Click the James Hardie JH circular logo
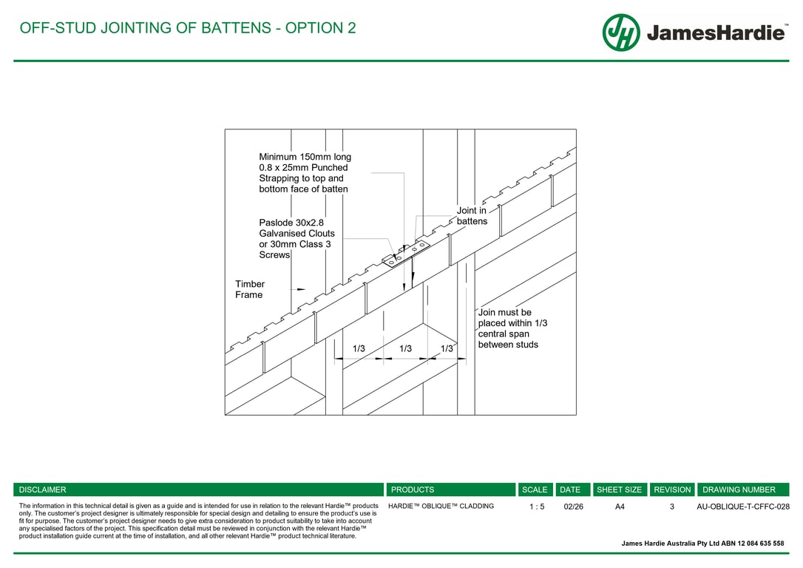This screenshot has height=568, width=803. pyautogui.click(x=620, y=33)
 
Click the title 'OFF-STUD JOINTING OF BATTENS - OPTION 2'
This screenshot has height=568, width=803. pyautogui.click(x=188, y=28)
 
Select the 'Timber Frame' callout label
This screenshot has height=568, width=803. pyautogui.click(x=250, y=289)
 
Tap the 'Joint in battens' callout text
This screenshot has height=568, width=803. pyautogui.click(x=472, y=216)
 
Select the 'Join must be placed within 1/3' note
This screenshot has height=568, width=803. pyautogui.click(x=512, y=328)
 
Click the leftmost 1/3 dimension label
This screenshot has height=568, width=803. pyautogui.click(x=359, y=348)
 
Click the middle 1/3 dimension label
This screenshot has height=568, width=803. pyautogui.click(x=405, y=348)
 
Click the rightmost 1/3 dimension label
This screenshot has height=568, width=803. pyautogui.click(x=447, y=348)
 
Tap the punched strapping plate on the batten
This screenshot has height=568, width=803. pyautogui.click(x=407, y=251)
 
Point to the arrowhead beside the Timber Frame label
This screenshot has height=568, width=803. pyautogui.click(x=300, y=289)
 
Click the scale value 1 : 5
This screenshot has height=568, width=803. pyautogui.click(x=537, y=507)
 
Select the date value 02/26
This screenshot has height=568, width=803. pyautogui.click(x=573, y=507)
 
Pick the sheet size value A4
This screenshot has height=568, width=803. pyautogui.click(x=620, y=507)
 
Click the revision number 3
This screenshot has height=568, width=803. pyautogui.click(x=672, y=507)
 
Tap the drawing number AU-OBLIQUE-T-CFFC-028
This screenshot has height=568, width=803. pyautogui.click(x=743, y=507)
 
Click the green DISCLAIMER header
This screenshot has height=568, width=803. pyautogui.click(x=43, y=490)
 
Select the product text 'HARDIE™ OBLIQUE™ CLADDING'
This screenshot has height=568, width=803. pyautogui.click(x=441, y=507)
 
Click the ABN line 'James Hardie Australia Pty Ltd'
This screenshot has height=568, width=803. pyautogui.click(x=702, y=544)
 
